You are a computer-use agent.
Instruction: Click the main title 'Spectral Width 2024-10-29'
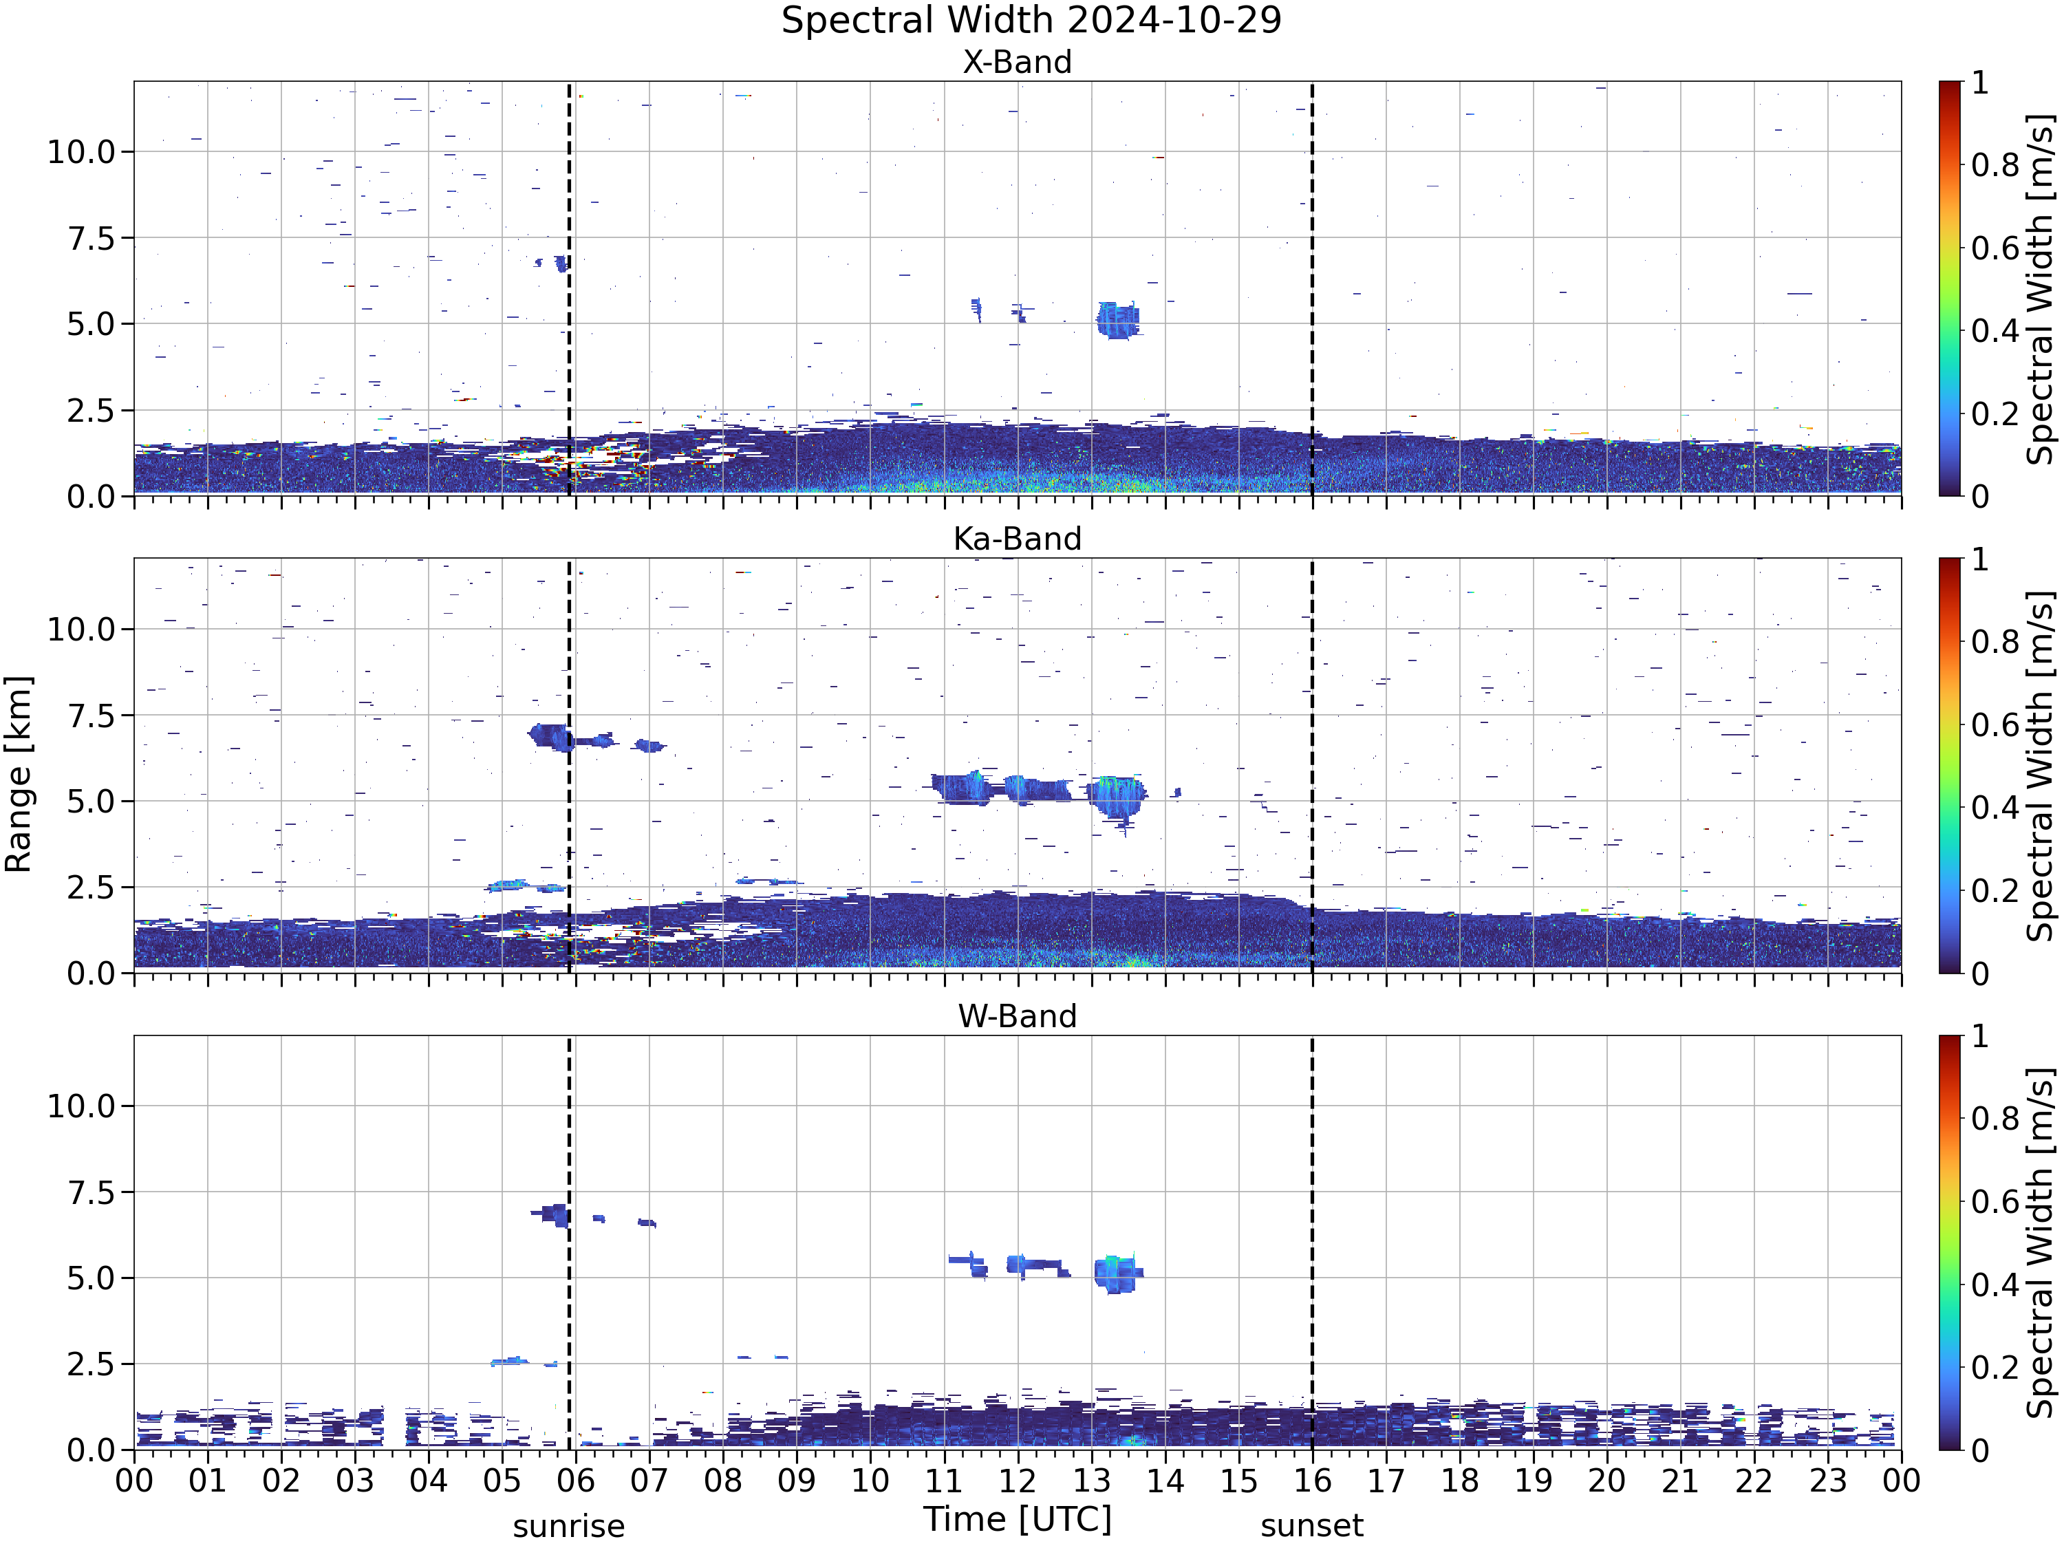coord(1031,21)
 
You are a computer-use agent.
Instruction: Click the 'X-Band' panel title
coord(1017,63)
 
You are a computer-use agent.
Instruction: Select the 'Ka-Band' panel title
coord(1017,539)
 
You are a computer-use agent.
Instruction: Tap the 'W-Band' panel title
coord(1017,1016)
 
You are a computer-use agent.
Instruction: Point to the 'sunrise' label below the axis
coord(568,1527)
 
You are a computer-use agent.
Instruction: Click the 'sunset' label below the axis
coord(1312,1527)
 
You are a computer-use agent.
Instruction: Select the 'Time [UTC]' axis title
coord(1018,1519)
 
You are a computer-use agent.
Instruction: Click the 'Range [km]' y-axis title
coord(19,775)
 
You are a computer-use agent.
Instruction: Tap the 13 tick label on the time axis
coord(1092,1481)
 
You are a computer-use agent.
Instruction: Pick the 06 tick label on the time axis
coord(576,1481)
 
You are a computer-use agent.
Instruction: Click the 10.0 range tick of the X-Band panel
coord(81,151)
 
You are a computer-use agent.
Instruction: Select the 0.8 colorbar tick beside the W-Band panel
coord(1996,1119)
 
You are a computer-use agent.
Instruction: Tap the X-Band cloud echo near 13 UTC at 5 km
coord(1117,320)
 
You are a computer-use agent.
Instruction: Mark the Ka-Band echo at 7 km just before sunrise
coord(550,736)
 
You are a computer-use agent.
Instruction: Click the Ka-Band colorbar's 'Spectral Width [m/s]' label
coord(2041,766)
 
